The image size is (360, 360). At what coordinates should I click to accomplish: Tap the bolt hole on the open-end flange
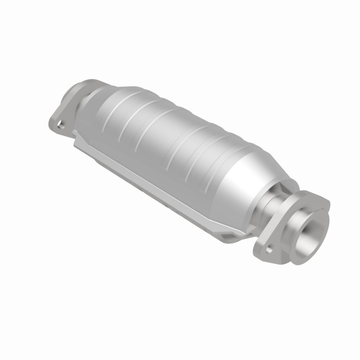269,248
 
